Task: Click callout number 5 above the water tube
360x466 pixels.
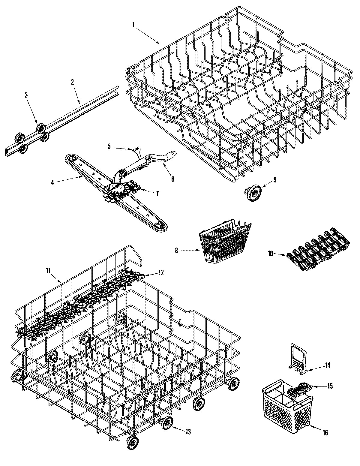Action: point(109,146)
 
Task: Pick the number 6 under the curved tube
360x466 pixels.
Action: point(172,179)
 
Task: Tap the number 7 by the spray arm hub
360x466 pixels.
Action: point(157,193)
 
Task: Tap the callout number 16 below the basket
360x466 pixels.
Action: point(325,432)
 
